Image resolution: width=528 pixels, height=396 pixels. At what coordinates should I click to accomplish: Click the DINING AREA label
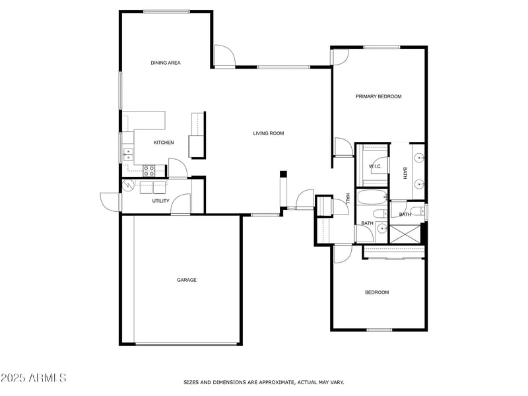[165, 63]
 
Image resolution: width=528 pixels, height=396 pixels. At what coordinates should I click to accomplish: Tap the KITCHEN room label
[164, 143]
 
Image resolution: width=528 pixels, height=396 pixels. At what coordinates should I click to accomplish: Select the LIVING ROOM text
[269, 133]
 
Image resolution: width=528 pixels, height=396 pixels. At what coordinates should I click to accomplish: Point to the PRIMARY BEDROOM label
[378, 96]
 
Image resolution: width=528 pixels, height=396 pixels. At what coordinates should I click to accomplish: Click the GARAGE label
[186, 280]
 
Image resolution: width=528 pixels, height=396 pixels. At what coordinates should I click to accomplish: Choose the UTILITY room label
[160, 201]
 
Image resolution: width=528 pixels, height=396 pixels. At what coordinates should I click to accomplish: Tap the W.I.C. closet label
[375, 166]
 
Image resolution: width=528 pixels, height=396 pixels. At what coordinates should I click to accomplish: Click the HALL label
[348, 199]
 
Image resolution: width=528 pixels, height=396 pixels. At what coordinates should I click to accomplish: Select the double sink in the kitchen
[127, 154]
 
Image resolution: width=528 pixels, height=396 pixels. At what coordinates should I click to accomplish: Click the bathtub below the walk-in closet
[372, 197]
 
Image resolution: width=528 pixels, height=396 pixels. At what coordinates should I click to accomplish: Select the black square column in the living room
[283, 174]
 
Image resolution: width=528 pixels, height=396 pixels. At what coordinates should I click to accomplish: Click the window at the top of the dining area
[166, 11]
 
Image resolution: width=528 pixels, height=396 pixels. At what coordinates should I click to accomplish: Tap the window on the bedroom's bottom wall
[379, 329]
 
